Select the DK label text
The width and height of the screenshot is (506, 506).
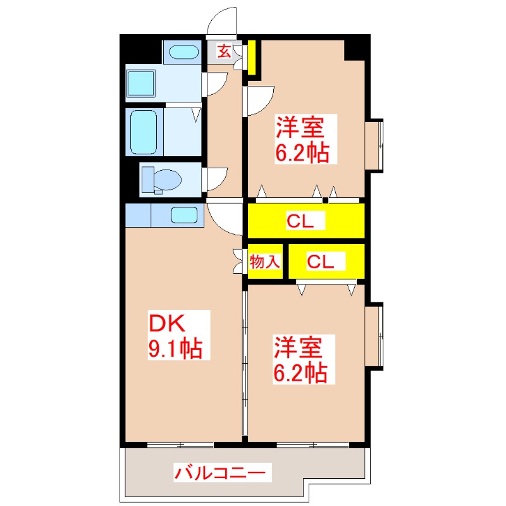(x=166, y=323)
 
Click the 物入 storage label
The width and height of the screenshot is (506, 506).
(x=265, y=261)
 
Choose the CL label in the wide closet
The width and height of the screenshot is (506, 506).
(x=305, y=221)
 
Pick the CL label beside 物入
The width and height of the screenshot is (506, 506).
(x=326, y=261)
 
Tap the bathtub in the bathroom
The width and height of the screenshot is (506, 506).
(x=145, y=131)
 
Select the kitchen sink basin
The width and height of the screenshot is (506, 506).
(x=185, y=215)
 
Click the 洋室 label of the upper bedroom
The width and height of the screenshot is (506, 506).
(x=299, y=128)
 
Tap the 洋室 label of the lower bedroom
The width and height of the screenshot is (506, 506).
(x=299, y=349)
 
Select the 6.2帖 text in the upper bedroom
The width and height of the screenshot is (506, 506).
(x=301, y=153)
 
